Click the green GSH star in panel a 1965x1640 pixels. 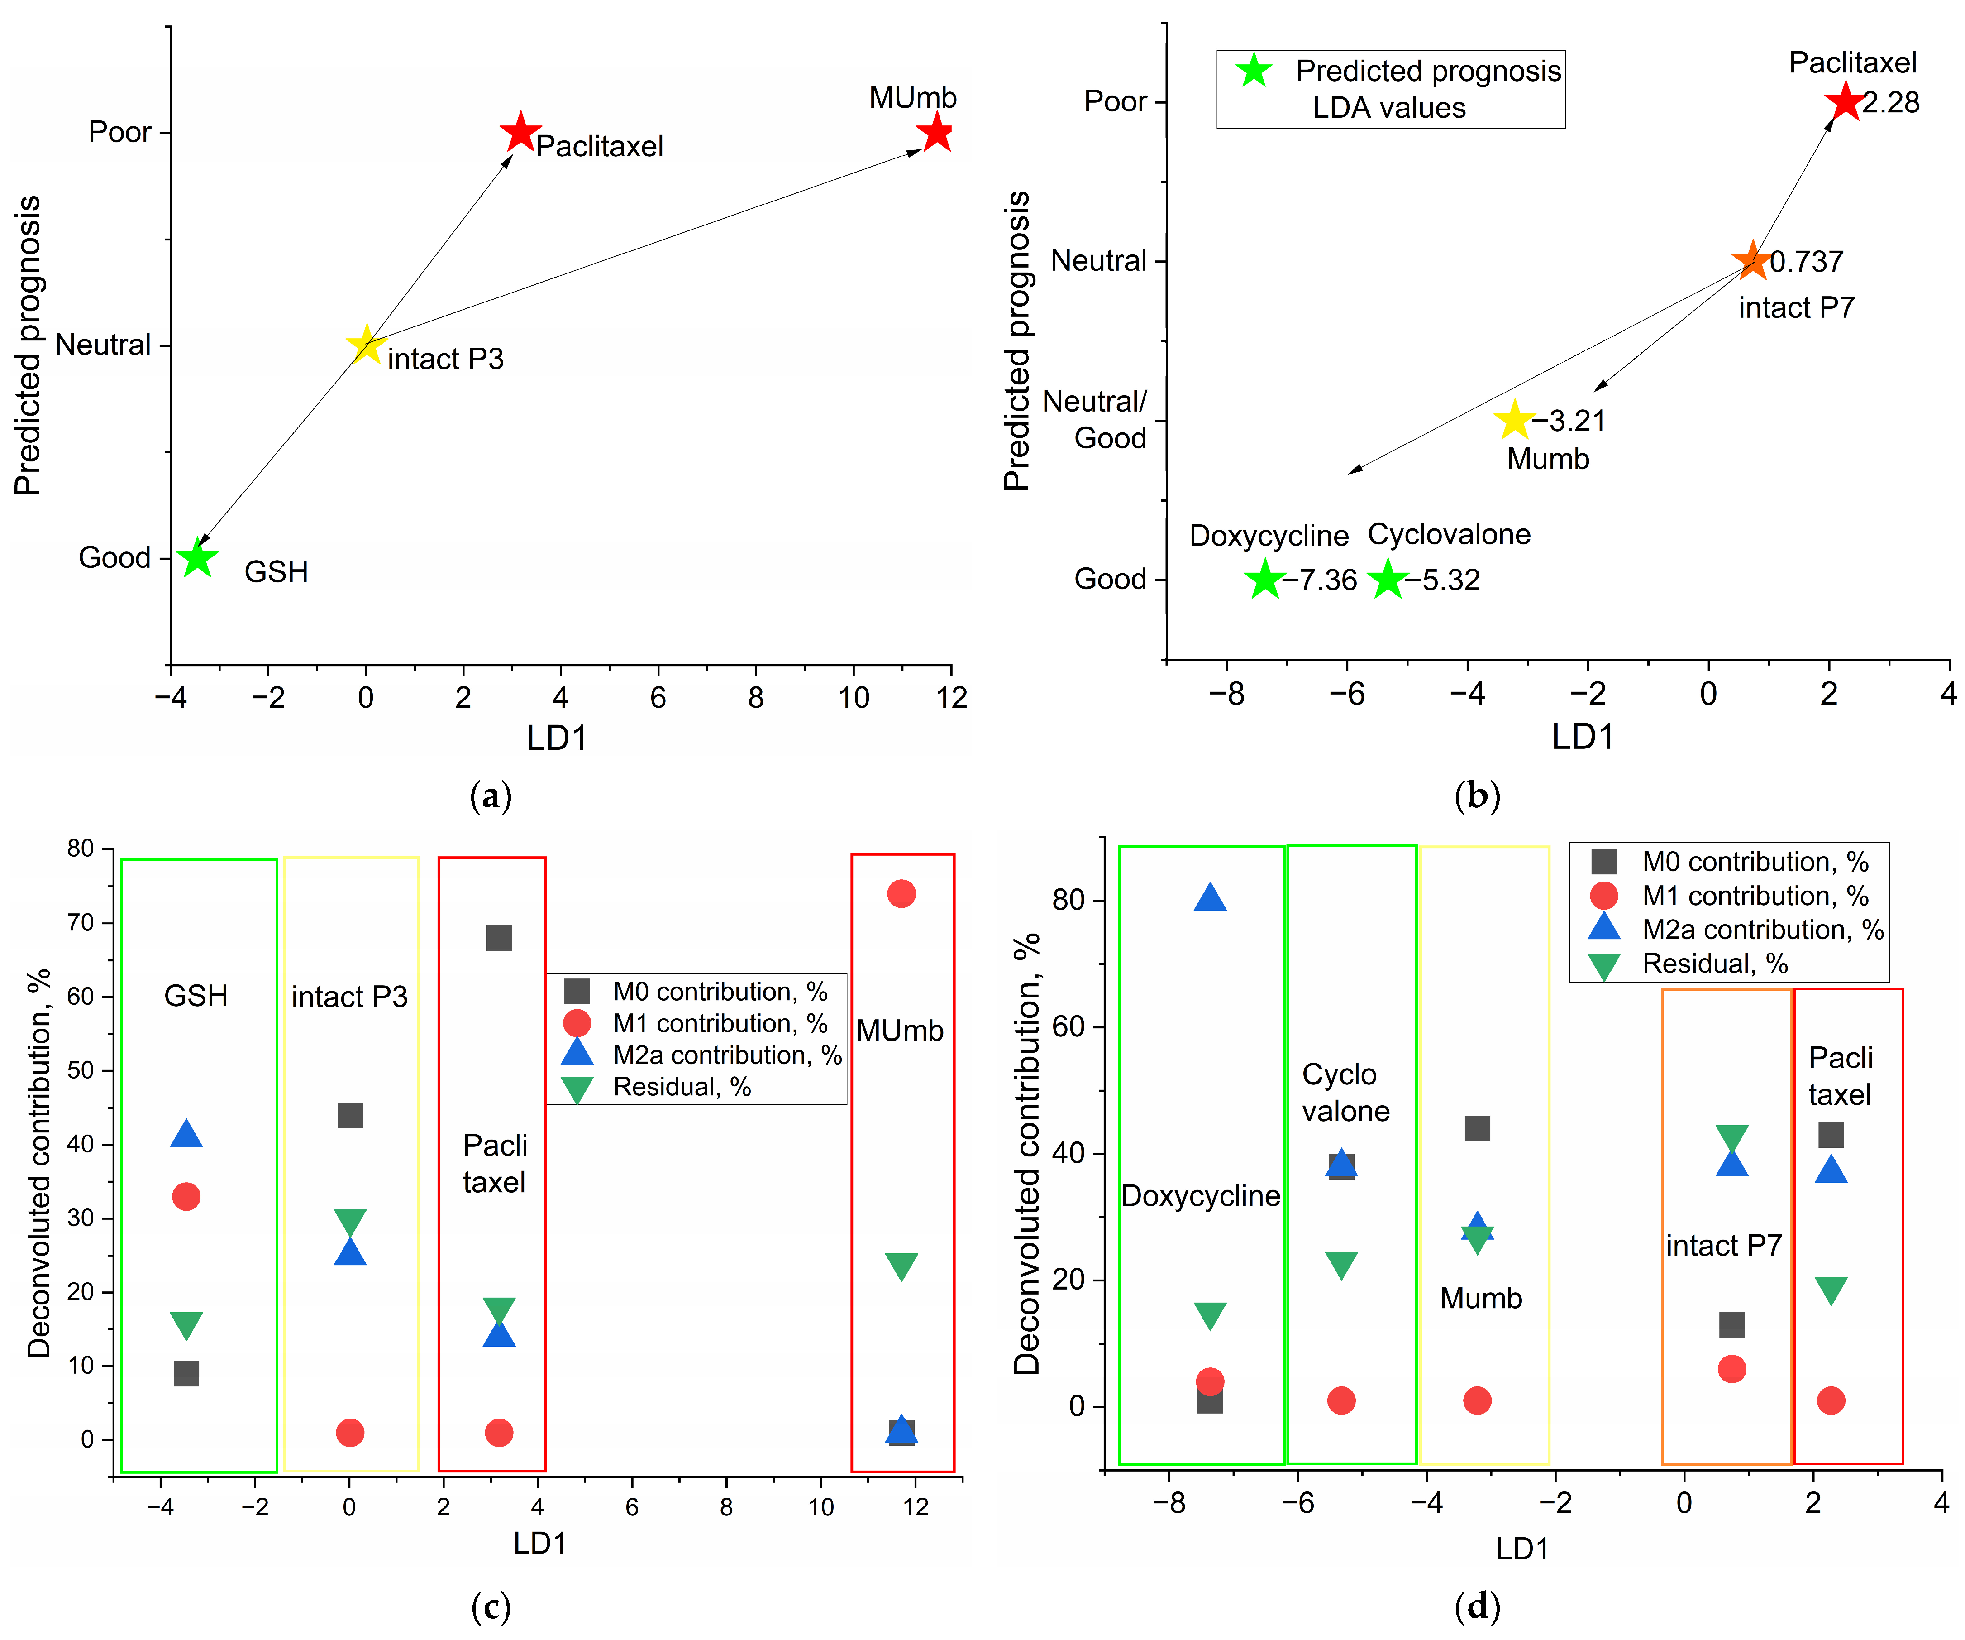pos(197,558)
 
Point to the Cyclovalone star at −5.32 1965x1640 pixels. pos(1388,580)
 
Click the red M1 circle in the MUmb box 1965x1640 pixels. pos(901,894)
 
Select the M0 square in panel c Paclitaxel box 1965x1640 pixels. pos(499,938)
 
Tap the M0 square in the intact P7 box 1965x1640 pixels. pos(1732,1324)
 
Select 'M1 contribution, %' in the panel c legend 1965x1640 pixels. pos(720,1023)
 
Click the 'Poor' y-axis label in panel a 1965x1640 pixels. pos(120,132)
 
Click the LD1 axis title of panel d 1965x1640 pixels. pos(1522,1549)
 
